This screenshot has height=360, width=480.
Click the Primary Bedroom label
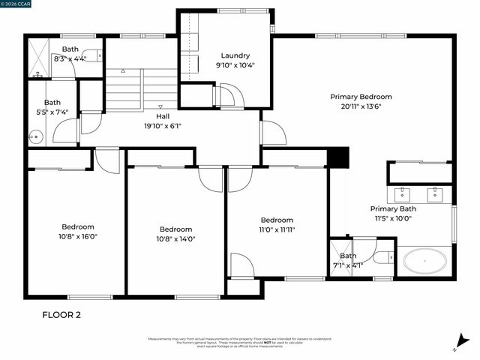click(x=361, y=97)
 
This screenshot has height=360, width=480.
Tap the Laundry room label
click(x=235, y=55)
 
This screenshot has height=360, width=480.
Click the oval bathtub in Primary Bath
click(x=424, y=262)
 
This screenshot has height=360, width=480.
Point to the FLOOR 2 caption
click(x=61, y=315)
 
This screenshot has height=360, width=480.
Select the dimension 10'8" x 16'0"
click(x=79, y=236)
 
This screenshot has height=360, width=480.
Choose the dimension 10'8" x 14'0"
click(x=175, y=239)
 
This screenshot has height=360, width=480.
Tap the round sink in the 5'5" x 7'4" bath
click(x=34, y=136)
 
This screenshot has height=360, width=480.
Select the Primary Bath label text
click(x=393, y=209)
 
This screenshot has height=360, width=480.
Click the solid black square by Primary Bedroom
click(x=339, y=158)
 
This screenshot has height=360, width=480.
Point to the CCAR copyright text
click(x=17, y=4)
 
